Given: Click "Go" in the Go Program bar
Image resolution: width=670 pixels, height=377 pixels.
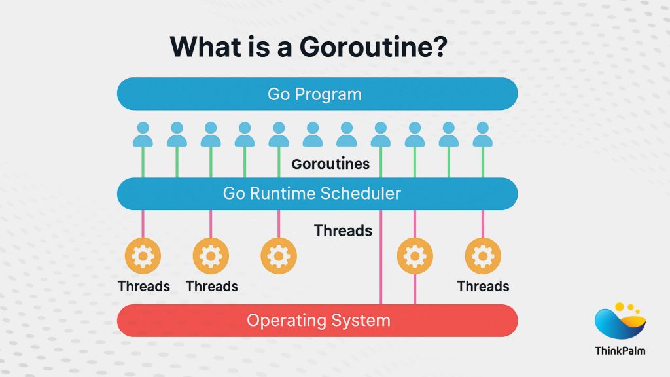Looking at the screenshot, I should pyautogui.click(x=278, y=94).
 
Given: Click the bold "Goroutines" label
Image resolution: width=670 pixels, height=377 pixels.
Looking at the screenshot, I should pyautogui.click(x=330, y=164).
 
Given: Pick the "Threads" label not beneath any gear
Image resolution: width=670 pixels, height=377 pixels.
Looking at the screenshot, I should pyautogui.click(x=343, y=230).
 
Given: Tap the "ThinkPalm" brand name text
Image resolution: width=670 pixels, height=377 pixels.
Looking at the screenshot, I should pyautogui.click(x=620, y=351).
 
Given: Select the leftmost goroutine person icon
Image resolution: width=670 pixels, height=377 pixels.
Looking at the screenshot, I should pyautogui.click(x=143, y=134).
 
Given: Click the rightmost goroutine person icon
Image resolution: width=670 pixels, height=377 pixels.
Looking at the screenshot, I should pyautogui.click(x=483, y=134).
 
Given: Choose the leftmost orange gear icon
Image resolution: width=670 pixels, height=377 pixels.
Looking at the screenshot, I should pyautogui.click(x=143, y=255).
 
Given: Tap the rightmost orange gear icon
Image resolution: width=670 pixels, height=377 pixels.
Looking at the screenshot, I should pyautogui.click(x=483, y=255).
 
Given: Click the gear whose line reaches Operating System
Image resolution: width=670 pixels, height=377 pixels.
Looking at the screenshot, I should pyautogui.click(x=415, y=255).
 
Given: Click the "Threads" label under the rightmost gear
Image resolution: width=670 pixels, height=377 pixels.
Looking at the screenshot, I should pyautogui.click(x=483, y=286).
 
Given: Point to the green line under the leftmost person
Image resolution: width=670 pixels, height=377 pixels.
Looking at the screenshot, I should pyautogui.click(x=143, y=162).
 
